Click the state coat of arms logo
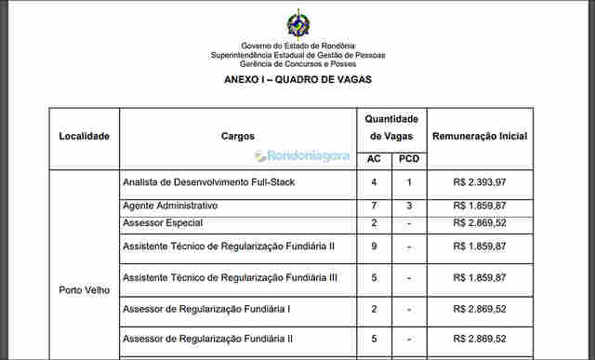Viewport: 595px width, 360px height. pos(297,23)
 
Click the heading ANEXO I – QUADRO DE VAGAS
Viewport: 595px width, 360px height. pos(297,80)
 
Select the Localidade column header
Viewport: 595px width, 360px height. pos(85,136)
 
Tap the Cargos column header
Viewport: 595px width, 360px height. pos(238,136)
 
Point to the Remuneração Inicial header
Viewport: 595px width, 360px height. pos(480,136)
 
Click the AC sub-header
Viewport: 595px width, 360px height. pos(374,159)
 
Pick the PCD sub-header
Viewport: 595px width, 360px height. pos(409,159)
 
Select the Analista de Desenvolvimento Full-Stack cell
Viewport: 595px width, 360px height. pos(208,182)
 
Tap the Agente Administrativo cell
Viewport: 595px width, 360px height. pos(170,206)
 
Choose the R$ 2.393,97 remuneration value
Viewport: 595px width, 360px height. pos(480,182)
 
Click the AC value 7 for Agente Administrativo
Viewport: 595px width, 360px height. pos(374,206)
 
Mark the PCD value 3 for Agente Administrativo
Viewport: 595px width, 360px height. pos(409,206)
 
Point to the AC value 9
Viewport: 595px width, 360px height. pos(374,247)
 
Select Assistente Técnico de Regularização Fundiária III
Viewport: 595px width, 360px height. pos(230,277)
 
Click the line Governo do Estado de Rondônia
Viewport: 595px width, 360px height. pos(297,46)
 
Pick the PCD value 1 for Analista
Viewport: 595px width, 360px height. pos(409,182)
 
